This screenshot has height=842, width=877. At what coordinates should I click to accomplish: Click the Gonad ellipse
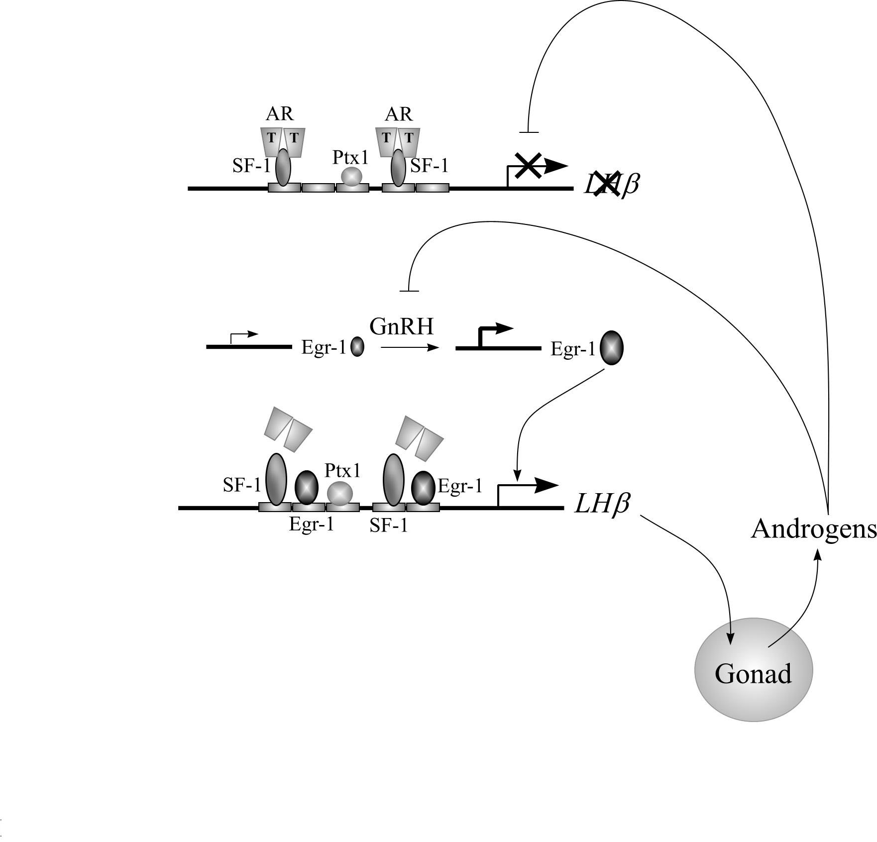[754, 670]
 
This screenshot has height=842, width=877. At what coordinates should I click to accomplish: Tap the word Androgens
[814, 528]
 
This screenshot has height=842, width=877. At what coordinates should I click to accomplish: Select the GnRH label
[402, 326]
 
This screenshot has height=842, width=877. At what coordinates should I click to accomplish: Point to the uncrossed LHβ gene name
[602, 504]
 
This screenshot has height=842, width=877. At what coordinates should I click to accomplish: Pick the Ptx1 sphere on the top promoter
[352, 177]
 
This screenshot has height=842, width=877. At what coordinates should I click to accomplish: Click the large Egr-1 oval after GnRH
[611, 348]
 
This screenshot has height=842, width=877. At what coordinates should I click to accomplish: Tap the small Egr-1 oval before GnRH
[357, 346]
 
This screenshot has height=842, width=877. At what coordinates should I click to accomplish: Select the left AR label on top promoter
[280, 114]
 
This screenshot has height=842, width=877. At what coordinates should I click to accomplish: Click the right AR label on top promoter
[399, 114]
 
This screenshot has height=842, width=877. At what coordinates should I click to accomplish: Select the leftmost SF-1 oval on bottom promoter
[276, 479]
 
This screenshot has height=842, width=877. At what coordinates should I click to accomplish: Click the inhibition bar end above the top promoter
[529, 132]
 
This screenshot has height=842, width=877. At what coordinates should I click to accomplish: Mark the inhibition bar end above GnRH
[409, 291]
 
